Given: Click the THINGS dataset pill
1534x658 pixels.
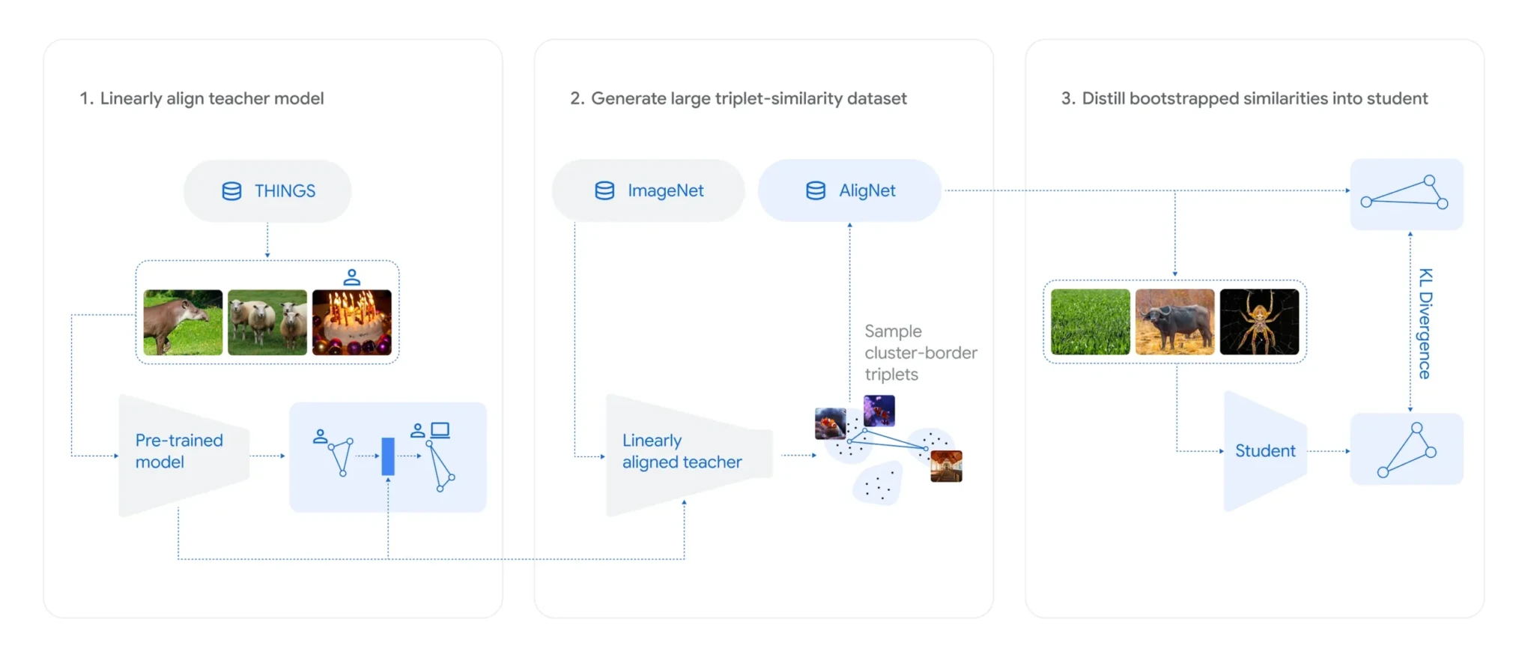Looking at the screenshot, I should point(267,191).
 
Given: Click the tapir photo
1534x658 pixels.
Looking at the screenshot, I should point(183,322).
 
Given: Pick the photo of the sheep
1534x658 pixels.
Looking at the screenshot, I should point(267,322).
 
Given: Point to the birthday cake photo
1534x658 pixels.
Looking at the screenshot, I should point(351,322).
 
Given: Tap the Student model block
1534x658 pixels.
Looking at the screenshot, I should point(1265,451).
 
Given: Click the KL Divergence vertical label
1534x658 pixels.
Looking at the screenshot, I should point(1425,324).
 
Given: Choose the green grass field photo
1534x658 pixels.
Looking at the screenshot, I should point(1090,322).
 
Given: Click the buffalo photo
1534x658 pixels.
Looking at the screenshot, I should point(1174,322).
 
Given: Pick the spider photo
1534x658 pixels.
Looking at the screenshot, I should point(1259,322).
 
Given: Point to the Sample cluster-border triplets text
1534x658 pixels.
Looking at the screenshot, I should point(920,352).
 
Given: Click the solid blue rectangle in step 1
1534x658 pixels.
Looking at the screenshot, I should point(388,456).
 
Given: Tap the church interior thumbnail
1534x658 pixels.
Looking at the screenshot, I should point(946,466).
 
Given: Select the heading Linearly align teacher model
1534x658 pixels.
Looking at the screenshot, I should point(201,98).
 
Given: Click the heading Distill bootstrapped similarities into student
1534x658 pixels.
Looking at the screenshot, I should point(1244,98).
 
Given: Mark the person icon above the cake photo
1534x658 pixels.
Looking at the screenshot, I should point(351,277).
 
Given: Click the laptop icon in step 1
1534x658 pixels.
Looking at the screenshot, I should point(440,430).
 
